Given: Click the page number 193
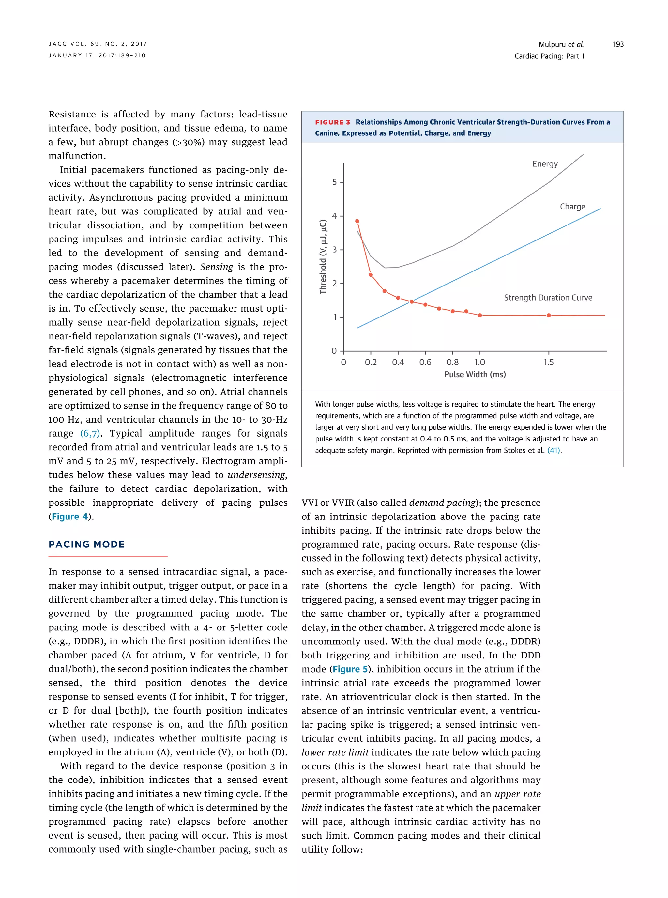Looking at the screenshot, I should pos(617,44).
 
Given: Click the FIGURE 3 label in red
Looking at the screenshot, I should pos(332,122).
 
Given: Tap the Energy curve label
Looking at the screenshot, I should pos(545,164).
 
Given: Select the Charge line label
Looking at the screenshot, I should pos(572,207).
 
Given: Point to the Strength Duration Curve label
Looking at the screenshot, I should pos(548,298).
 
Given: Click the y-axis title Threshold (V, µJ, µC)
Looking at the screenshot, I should pos(323,257).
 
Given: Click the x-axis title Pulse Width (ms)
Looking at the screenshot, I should pos(475,375).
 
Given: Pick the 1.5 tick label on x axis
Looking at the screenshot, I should pos(548,363).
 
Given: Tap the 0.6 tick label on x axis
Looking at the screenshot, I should pos(425,363).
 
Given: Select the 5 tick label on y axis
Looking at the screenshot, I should pos(334,182).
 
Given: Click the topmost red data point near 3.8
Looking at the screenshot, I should pos(357,221).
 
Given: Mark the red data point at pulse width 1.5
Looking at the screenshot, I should pos(548,316).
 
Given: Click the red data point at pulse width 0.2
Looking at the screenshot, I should pos(371,275).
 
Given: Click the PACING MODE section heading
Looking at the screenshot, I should pos(86,545).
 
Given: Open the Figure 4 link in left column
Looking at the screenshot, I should pos(69,517).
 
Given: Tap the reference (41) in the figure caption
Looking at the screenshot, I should pos(554,451).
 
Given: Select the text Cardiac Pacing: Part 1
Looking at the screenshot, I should pos(549,56).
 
